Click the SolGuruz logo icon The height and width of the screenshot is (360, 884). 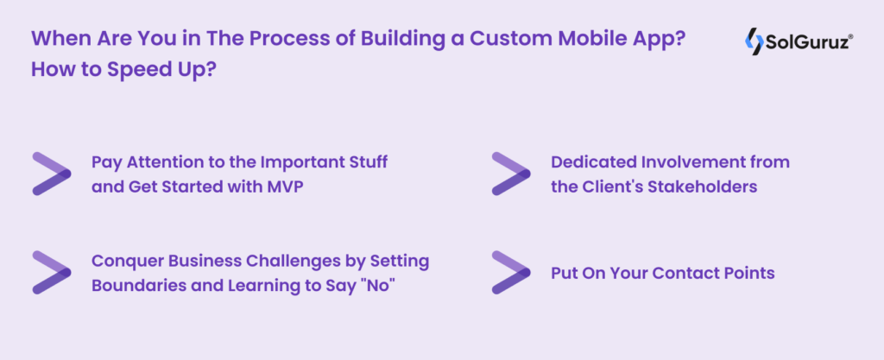pos(753,41)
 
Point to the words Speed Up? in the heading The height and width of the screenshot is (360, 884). pos(165,69)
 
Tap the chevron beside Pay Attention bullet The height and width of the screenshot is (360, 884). pos(51,174)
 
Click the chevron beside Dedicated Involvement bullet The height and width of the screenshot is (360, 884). pos(510,174)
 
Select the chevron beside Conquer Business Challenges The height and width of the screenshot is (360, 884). pos(51,272)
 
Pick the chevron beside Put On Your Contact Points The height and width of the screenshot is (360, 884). pos(510,272)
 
